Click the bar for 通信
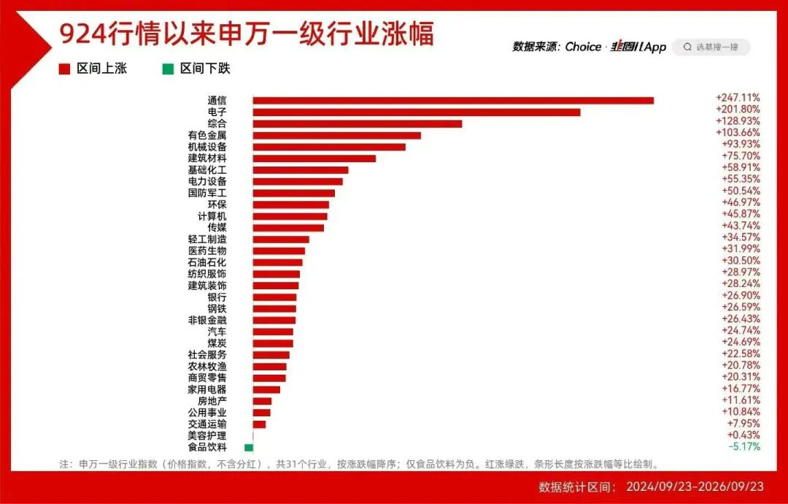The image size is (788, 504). [453, 101]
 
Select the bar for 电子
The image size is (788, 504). [417, 112]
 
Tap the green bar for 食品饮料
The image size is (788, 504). [249, 447]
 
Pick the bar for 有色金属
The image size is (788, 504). [336, 135]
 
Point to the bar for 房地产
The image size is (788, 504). [263, 401]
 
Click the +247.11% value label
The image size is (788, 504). [738, 98]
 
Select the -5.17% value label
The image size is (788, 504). [744, 446]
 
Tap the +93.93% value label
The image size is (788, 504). [741, 144]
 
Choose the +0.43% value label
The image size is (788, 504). [743, 435]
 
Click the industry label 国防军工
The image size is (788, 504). [207, 193]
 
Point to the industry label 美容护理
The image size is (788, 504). [207, 435]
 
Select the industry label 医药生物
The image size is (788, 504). [207, 251]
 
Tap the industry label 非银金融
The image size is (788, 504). [207, 321]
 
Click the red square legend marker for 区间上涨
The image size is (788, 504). [64, 69]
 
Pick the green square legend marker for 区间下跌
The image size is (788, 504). [168, 69]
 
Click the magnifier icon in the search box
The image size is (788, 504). [687, 47]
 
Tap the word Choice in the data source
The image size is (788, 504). [583, 47]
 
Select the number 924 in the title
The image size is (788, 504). [82, 35]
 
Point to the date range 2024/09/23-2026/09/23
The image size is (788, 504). [695, 486]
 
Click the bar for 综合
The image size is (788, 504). [358, 123]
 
